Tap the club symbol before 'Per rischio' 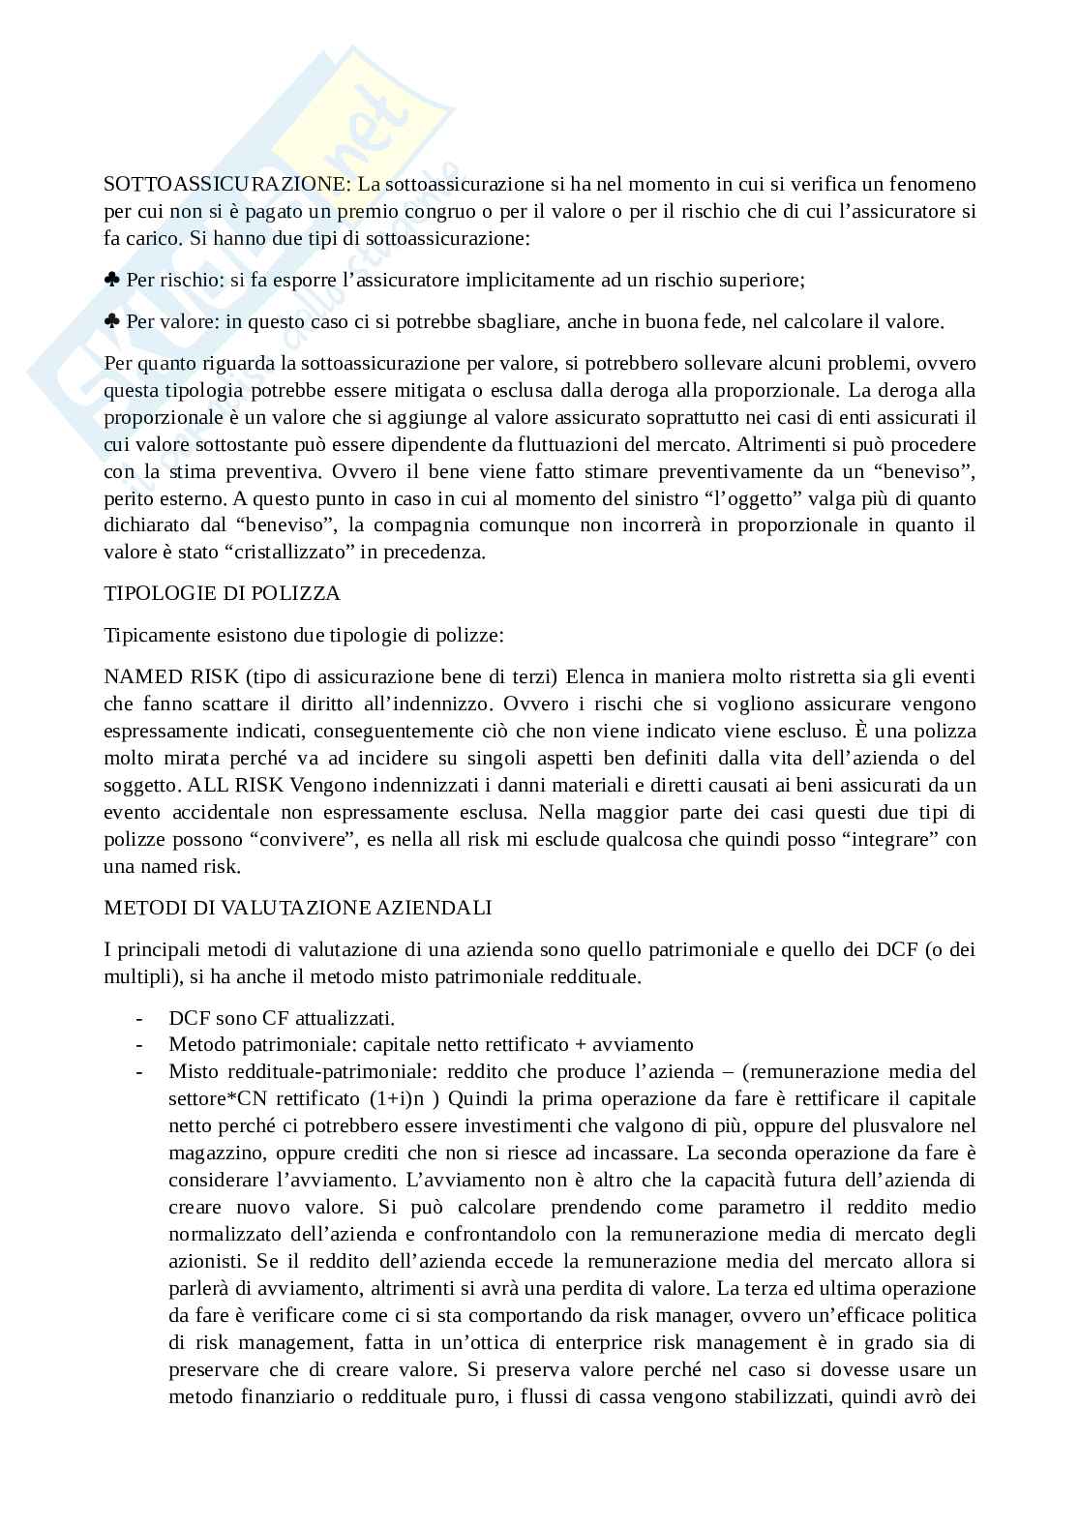112,280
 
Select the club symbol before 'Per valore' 112,322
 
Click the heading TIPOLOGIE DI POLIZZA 222,593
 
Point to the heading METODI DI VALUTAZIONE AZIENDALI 298,907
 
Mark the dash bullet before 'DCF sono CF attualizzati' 141,1017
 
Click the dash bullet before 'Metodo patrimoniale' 141,1044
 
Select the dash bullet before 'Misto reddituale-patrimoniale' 141,1071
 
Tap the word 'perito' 128,498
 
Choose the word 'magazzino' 215,1153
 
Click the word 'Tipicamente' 156,635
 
